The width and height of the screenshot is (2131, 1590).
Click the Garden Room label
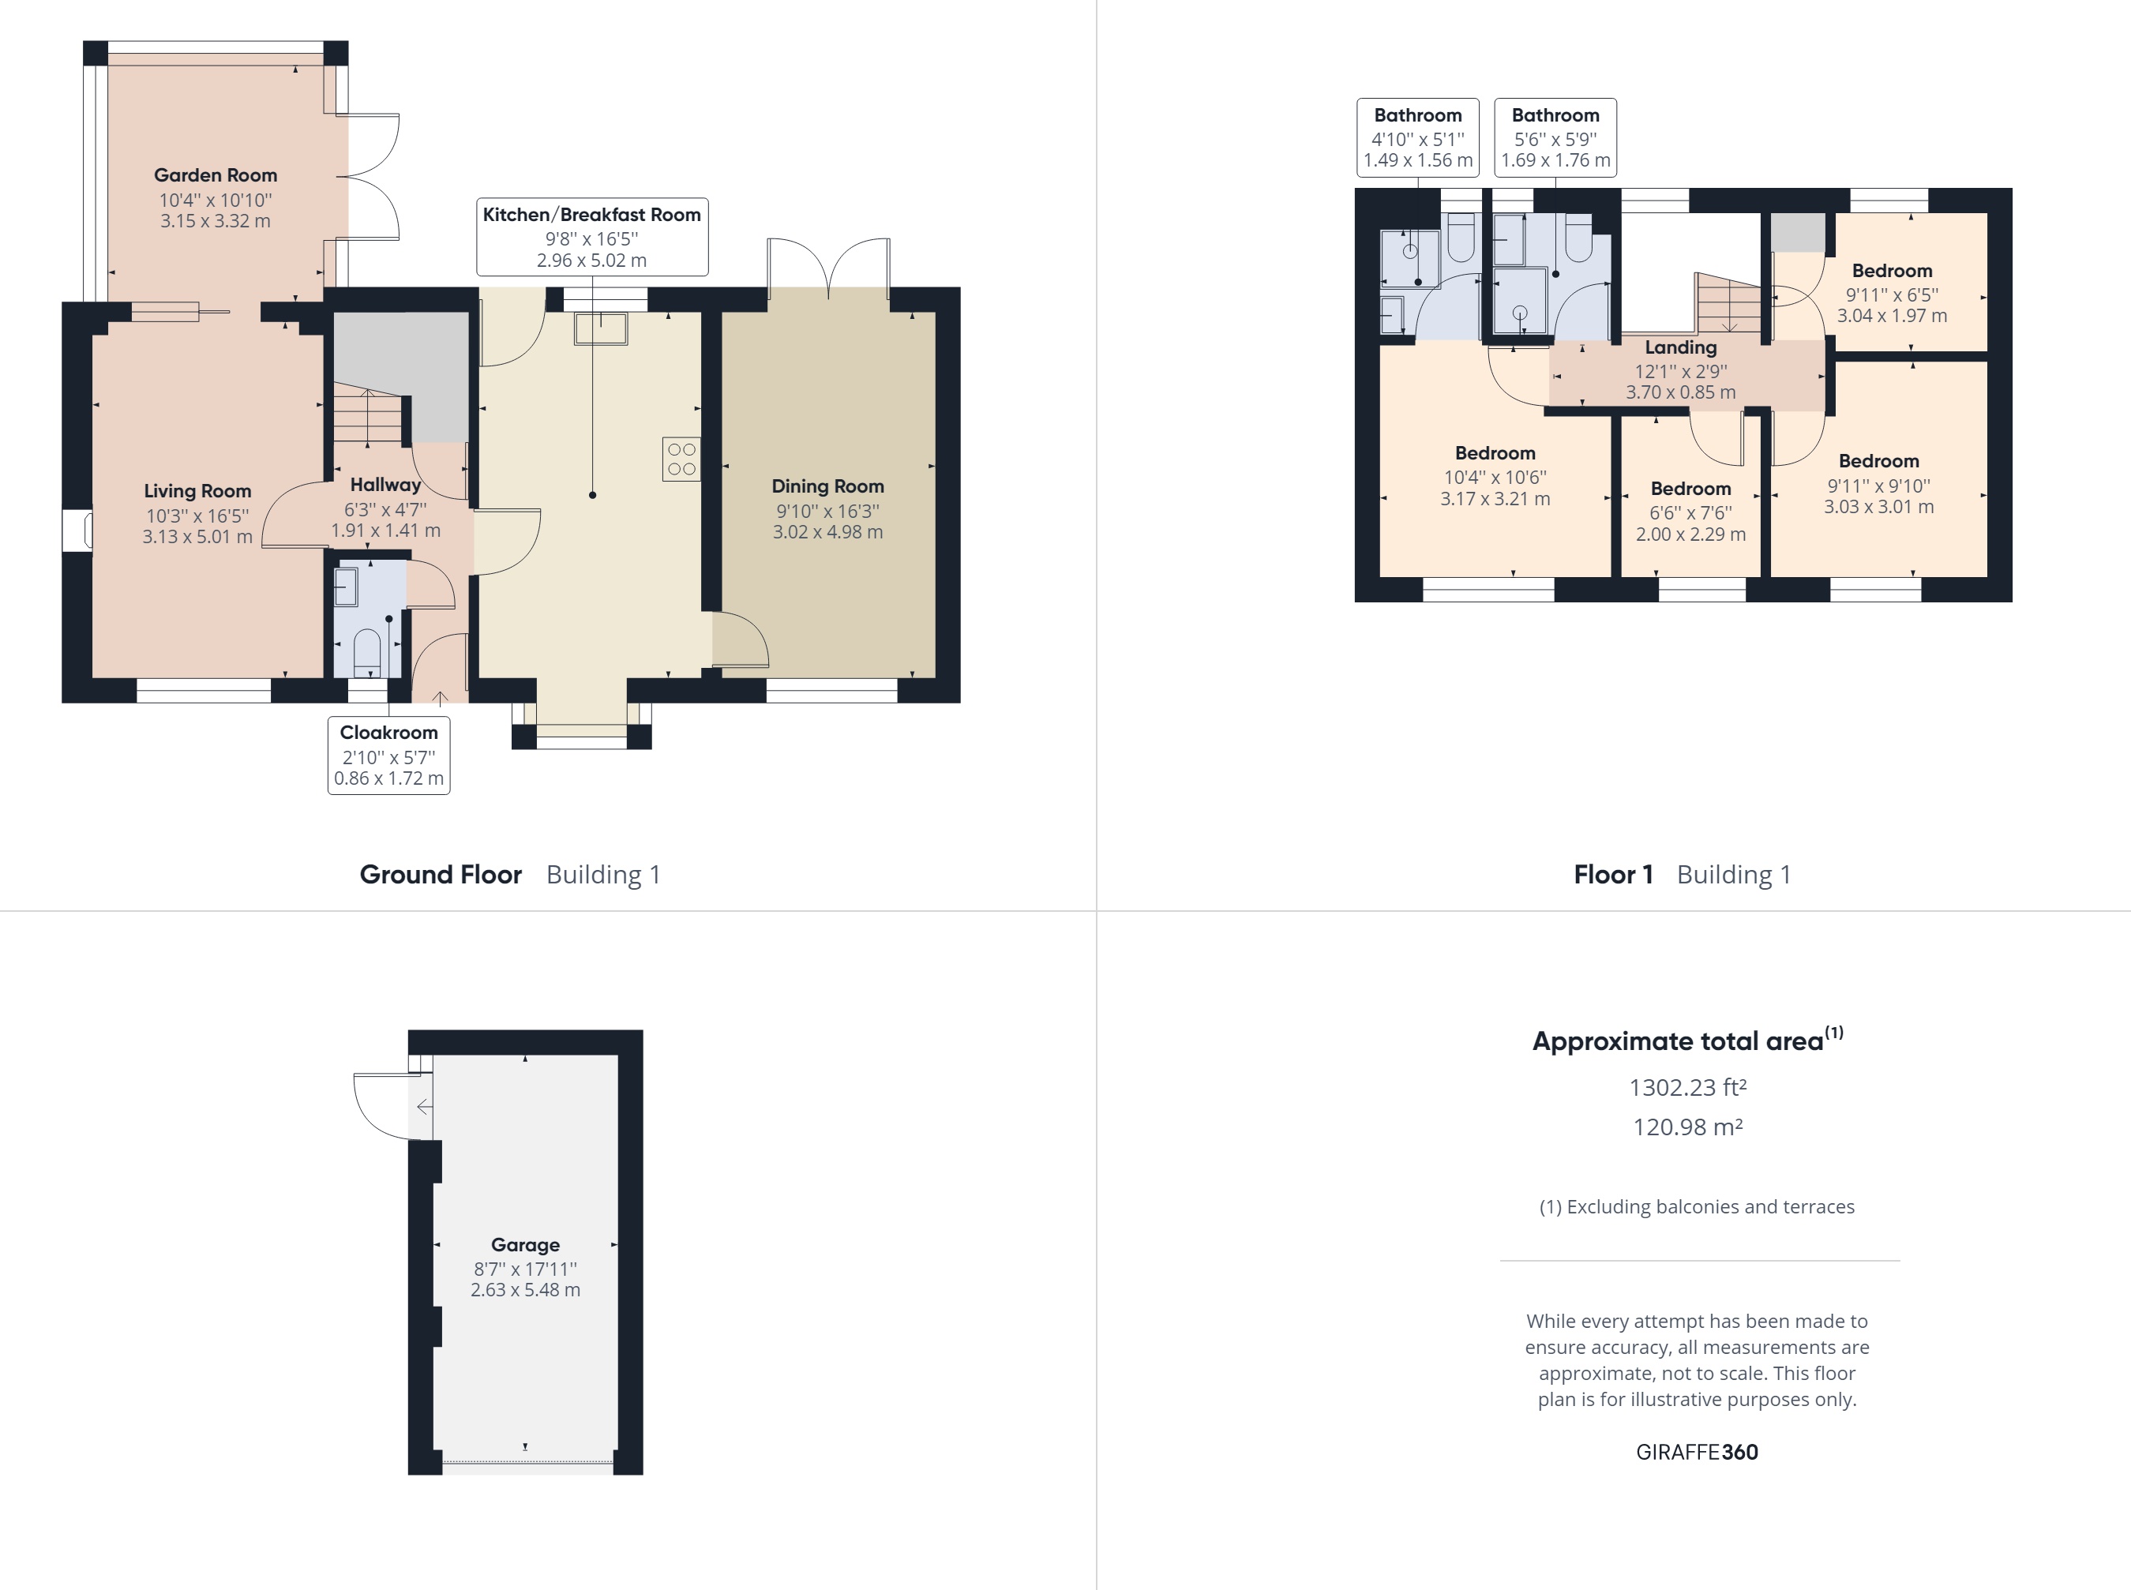click(x=215, y=175)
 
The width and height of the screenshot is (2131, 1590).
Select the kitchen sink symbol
click(x=601, y=328)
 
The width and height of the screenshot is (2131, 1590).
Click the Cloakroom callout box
click(x=389, y=756)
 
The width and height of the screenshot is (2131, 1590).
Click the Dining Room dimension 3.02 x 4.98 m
click(x=827, y=532)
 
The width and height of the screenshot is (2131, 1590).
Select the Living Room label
click(x=197, y=491)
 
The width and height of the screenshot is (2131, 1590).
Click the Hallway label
click(x=385, y=485)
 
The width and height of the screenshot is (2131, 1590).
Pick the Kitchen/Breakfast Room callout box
click(x=592, y=237)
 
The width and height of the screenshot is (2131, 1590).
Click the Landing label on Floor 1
click(x=1679, y=347)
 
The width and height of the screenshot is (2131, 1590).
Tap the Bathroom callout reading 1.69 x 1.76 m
click(x=1555, y=137)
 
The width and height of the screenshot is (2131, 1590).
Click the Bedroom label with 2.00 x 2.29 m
click(x=1690, y=489)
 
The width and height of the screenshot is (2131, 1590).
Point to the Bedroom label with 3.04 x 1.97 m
click(x=1891, y=272)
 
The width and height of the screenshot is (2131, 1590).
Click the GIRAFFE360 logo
click(x=1696, y=1451)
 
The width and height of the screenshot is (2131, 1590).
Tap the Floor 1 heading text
click(x=1612, y=874)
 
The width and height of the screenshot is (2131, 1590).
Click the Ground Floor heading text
click(x=440, y=874)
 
